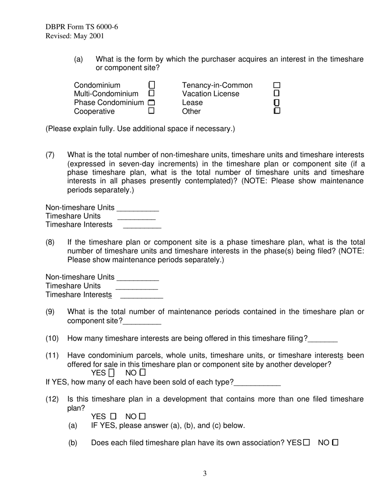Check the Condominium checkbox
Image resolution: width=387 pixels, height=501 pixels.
pos(152,85)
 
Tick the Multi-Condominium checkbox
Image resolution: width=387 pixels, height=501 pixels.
pos(152,94)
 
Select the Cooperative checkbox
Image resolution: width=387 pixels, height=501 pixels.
pos(152,111)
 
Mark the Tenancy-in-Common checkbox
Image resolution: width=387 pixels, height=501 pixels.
pos(277,85)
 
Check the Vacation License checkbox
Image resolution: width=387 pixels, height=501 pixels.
pos(277,94)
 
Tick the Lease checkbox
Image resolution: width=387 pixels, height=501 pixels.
pos(277,102)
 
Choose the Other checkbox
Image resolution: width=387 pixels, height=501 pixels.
pos(277,111)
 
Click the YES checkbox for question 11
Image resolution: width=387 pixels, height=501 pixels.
pos(112,373)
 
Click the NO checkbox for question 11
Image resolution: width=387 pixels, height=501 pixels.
pos(142,373)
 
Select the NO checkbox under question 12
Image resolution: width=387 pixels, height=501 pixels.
pos(142,416)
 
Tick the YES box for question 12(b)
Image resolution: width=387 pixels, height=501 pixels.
pos(306,442)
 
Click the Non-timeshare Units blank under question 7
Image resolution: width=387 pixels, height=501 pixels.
pos(138,209)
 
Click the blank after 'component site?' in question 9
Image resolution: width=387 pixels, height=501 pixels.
pos(142,322)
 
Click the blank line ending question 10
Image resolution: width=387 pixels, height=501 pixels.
pos(323,339)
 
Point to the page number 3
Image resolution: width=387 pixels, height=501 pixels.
pos(205,473)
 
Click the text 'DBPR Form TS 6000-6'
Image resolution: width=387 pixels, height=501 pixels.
pos(82,27)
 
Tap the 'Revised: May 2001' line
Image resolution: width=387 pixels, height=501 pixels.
pos(75,36)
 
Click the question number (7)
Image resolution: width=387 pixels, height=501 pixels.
pos(50,155)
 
